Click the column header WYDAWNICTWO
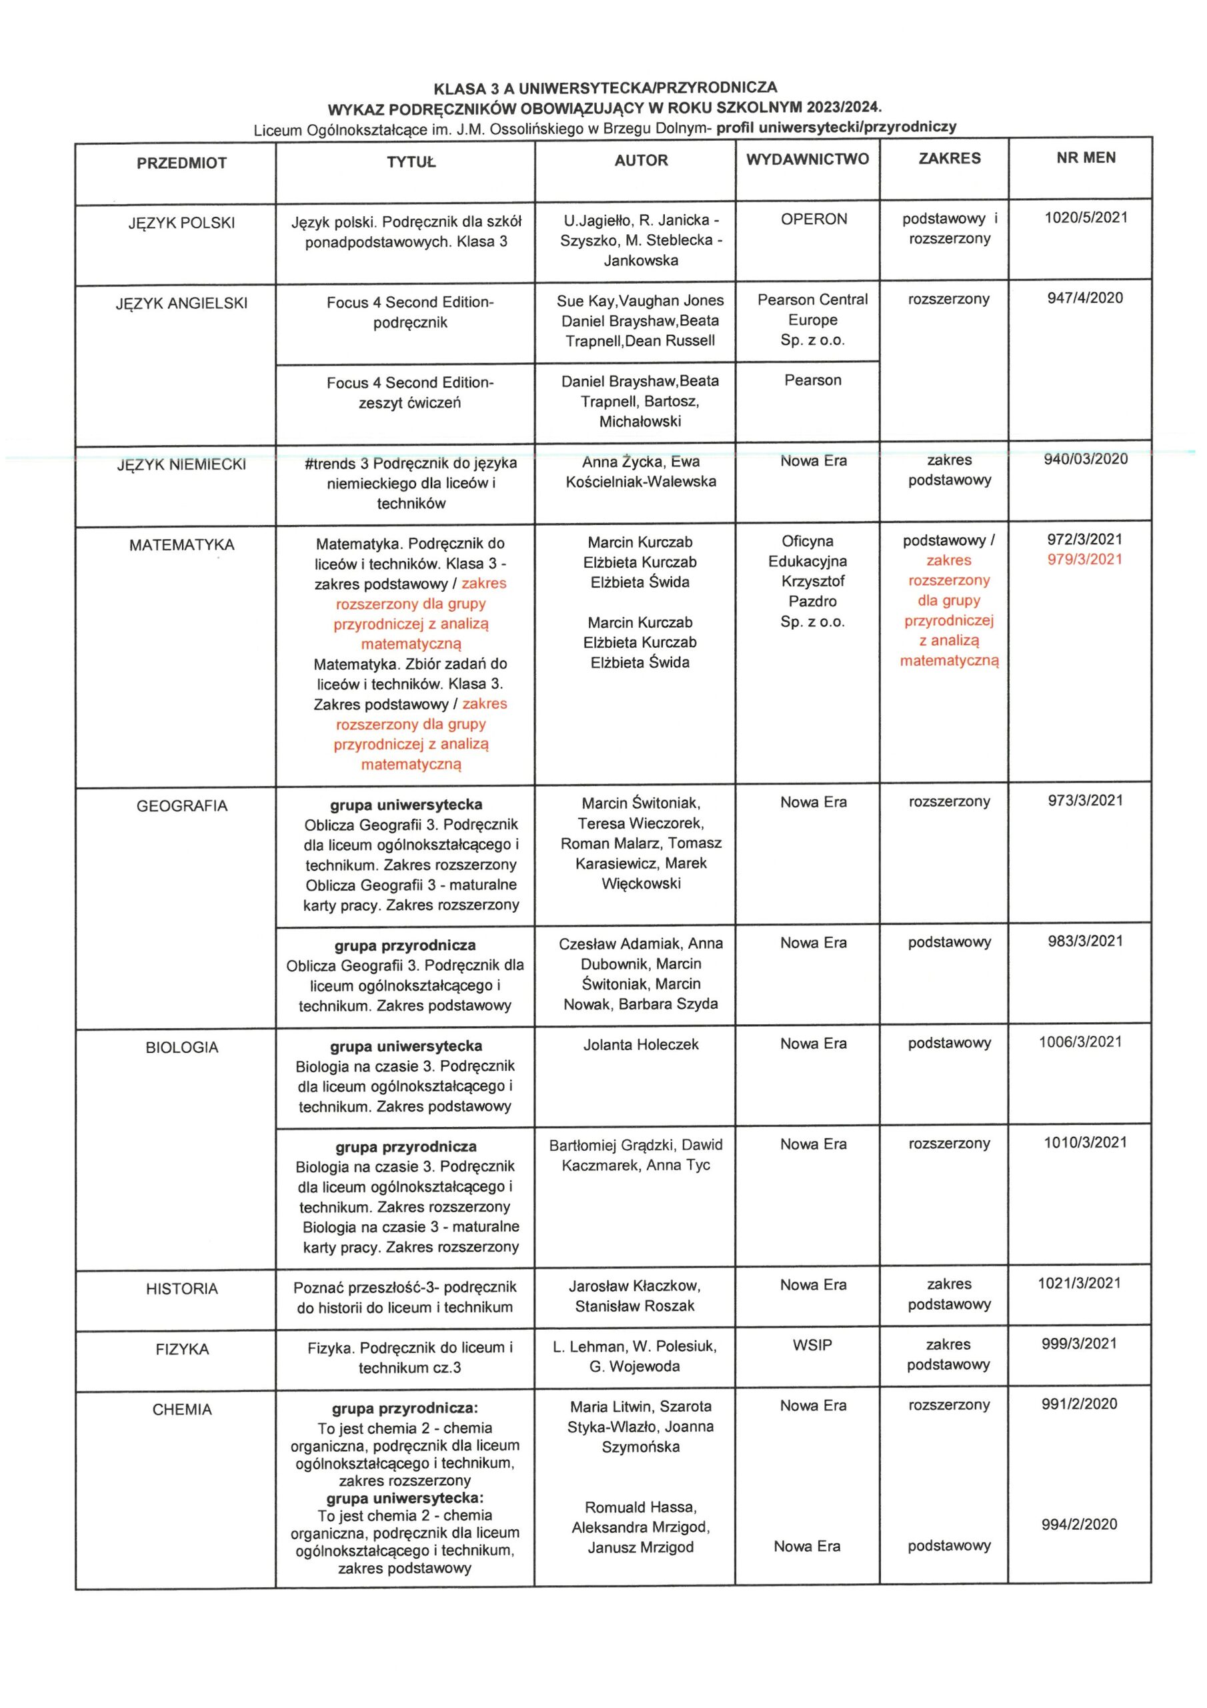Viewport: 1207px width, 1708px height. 807,159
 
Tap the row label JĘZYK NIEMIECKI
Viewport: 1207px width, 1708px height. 181,465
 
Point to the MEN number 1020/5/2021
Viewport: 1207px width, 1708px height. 1085,218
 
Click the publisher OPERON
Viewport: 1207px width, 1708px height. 814,220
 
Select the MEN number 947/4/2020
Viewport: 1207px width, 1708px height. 1084,298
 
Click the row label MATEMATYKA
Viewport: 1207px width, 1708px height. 181,545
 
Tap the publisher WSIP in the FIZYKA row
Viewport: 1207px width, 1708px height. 812,1345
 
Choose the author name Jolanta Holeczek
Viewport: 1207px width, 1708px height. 640,1044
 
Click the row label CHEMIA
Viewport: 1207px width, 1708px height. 181,1410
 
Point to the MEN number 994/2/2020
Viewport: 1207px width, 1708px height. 1079,1525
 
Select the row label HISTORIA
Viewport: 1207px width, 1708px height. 181,1289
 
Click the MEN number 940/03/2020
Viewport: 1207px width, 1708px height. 1085,459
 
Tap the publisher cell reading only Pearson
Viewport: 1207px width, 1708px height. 813,380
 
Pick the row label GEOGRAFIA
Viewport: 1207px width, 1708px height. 181,807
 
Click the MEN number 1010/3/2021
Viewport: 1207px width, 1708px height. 1084,1143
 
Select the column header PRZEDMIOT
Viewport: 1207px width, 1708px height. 181,163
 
